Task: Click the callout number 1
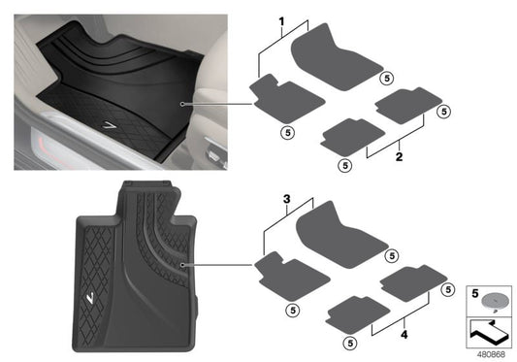[282, 21]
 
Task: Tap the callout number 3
[286, 198]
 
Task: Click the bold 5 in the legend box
[473, 291]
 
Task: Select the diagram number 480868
[490, 353]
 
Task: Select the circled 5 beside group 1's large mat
[386, 78]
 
